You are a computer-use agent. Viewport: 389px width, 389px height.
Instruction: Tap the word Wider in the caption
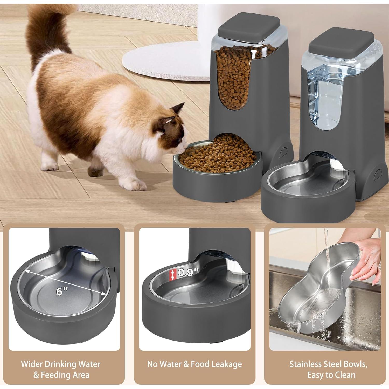coord(32,364)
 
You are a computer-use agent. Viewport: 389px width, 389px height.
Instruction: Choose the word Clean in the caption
coord(344,375)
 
